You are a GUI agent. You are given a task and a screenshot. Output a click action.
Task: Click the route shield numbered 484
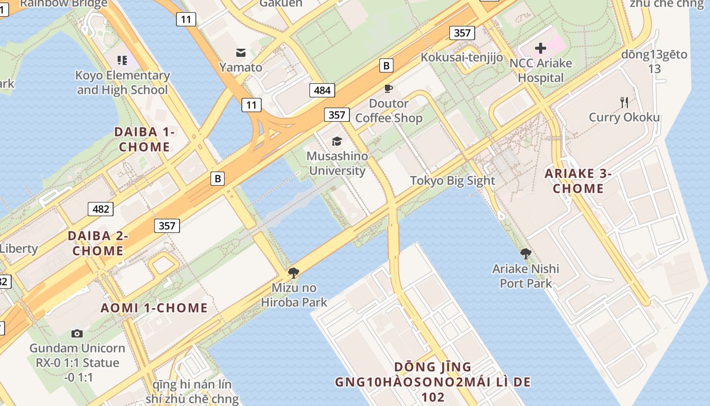[x=322, y=91]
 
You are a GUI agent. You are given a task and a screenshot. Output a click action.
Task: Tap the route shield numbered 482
[x=100, y=209]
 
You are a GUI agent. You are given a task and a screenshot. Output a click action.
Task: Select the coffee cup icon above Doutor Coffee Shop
[x=388, y=89]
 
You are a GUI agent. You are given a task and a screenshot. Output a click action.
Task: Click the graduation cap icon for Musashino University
[x=337, y=141]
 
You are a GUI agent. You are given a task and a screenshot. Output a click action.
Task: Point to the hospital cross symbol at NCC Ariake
[x=541, y=48]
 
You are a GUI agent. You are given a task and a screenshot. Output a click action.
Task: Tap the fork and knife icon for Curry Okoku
[x=624, y=103]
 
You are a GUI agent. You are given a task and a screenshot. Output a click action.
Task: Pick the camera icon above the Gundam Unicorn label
[x=77, y=333]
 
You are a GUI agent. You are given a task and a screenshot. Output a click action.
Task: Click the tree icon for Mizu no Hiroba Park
[x=293, y=273]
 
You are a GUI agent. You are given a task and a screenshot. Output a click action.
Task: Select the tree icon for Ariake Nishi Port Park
[x=526, y=253]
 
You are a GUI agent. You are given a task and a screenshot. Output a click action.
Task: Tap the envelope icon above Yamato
[x=240, y=52]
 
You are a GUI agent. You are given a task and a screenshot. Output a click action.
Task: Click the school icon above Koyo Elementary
[x=122, y=61]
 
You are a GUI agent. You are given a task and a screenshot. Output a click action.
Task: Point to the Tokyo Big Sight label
[x=452, y=181]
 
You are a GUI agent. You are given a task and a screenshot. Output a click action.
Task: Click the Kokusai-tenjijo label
[x=461, y=57]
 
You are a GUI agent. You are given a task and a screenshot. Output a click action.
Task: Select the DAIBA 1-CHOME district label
[x=145, y=140]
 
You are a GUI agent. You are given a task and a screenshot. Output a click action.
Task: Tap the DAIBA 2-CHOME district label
[x=98, y=243]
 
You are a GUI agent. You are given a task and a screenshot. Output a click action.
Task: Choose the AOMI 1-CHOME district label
[x=154, y=308]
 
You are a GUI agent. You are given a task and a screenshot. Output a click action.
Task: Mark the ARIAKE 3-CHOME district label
[x=578, y=181]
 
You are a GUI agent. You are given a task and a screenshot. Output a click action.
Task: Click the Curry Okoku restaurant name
[x=624, y=118]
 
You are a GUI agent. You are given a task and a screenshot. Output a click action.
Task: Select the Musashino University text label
[x=337, y=163]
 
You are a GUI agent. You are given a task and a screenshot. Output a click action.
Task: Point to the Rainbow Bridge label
[x=64, y=4]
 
